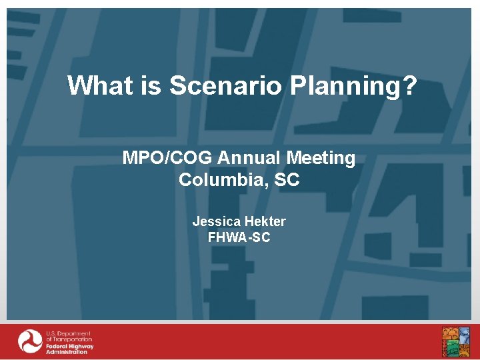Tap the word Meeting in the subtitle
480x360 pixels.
[x=321, y=158]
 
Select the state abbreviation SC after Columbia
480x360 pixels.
[x=287, y=180]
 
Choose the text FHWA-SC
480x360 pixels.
[x=239, y=237]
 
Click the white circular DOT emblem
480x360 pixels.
[x=30, y=341]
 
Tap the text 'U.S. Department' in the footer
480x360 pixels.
[x=68, y=333]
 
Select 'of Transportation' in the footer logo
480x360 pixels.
[x=69, y=339]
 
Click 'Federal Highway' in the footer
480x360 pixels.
[x=69, y=346]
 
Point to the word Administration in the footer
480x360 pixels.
[x=67, y=352]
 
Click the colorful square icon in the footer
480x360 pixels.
[x=455, y=341]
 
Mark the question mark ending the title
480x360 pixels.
[x=409, y=85]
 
